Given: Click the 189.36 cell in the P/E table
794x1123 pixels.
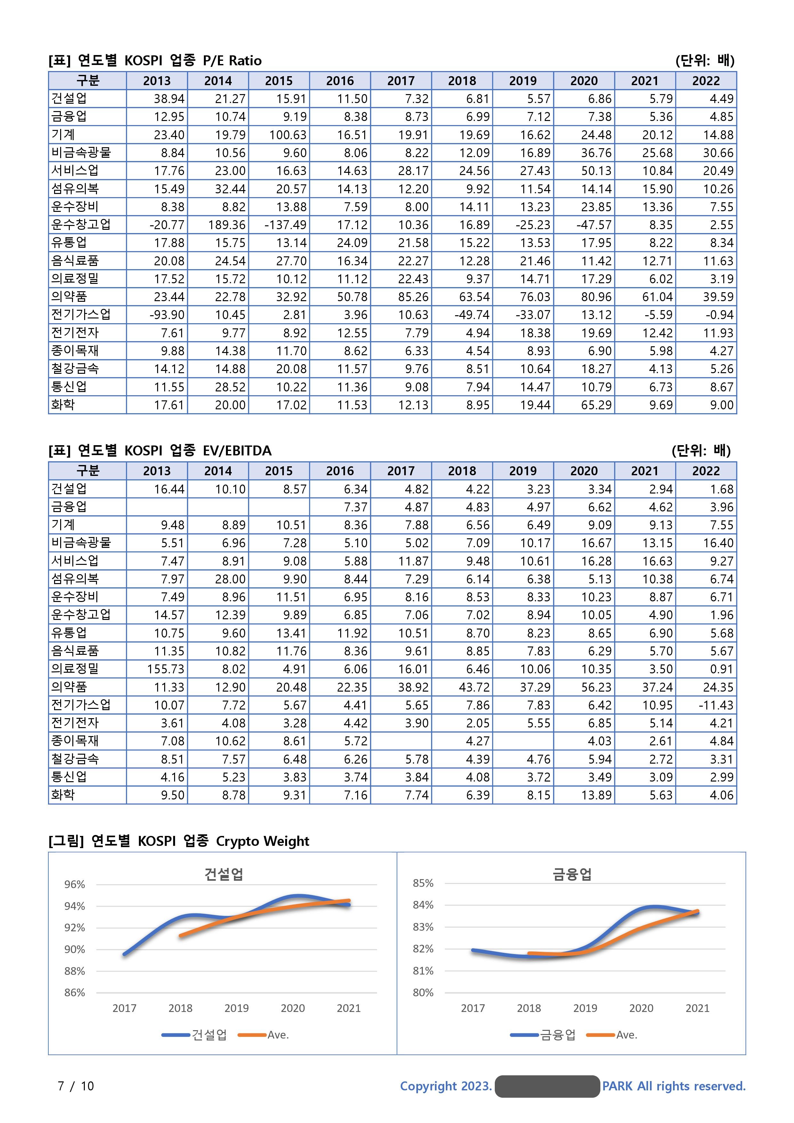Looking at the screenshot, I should click(229, 225).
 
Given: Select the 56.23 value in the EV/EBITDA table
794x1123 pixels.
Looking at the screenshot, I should click(596, 687).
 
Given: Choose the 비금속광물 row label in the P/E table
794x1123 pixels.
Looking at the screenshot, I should click(81, 153).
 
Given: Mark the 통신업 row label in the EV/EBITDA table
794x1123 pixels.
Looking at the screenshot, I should click(69, 777).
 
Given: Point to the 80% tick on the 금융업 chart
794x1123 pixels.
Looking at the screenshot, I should click(423, 992).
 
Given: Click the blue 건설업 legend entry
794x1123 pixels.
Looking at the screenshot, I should click(195, 1035).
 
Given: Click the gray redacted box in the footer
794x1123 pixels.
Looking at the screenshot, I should click(547, 1086).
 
